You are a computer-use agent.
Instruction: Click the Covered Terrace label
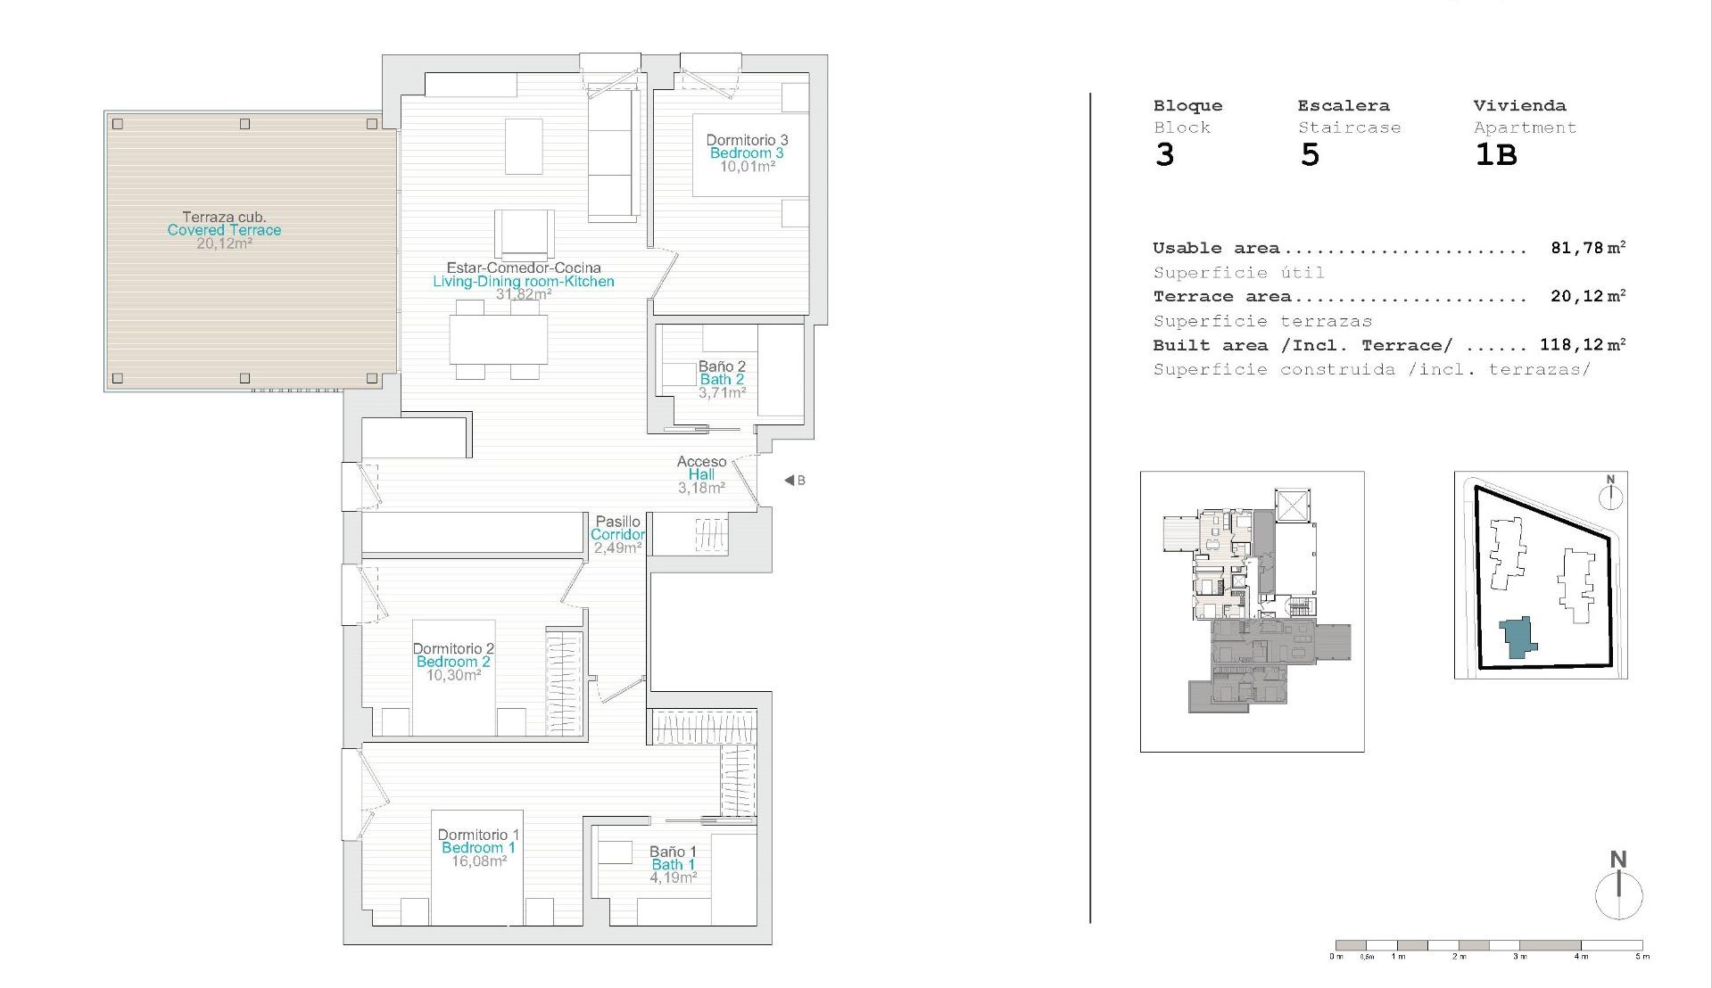pyautogui.click(x=224, y=230)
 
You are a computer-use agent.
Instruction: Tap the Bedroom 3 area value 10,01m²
pyautogui.click(x=748, y=166)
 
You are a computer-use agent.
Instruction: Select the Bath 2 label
pyautogui.click(x=722, y=380)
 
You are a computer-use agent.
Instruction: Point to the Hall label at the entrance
pyautogui.click(x=701, y=475)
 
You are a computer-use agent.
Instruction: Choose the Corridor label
pyautogui.click(x=617, y=535)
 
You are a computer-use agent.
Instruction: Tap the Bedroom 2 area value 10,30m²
pyautogui.click(x=453, y=675)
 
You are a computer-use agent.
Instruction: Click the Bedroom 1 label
pyautogui.click(x=478, y=848)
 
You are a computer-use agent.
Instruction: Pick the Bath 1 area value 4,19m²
pyautogui.click(x=673, y=877)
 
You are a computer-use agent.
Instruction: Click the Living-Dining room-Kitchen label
pyautogui.click(x=524, y=282)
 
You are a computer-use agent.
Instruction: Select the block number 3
pyautogui.click(x=1164, y=155)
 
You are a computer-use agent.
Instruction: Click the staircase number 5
pyautogui.click(x=1310, y=155)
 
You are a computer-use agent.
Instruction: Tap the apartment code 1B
pyautogui.click(x=1495, y=155)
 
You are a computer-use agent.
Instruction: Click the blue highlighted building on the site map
pyautogui.click(x=1516, y=638)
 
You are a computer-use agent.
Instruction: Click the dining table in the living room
pyautogui.click(x=498, y=339)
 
